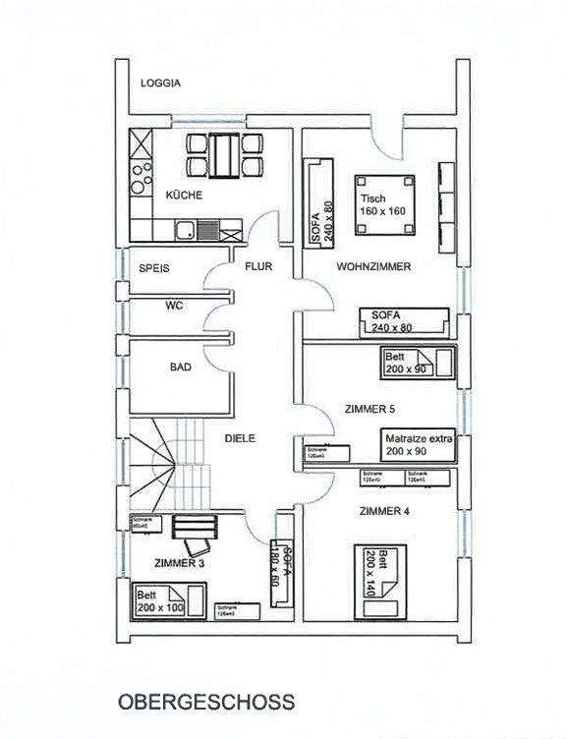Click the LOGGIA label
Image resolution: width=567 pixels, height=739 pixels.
click(x=160, y=84)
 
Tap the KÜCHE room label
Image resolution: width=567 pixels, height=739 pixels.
click(x=184, y=196)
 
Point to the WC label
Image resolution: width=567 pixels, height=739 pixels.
click(x=174, y=306)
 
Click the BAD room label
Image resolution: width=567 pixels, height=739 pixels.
click(x=180, y=368)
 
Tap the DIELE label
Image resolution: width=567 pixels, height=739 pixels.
click(x=239, y=439)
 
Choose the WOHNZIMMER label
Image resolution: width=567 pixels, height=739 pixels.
click(x=372, y=266)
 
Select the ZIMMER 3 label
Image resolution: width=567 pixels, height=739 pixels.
click(x=179, y=564)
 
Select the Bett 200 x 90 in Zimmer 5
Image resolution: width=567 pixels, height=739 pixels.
click(x=417, y=363)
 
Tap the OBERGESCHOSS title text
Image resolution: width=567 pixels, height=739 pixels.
click(x=205, y=703)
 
